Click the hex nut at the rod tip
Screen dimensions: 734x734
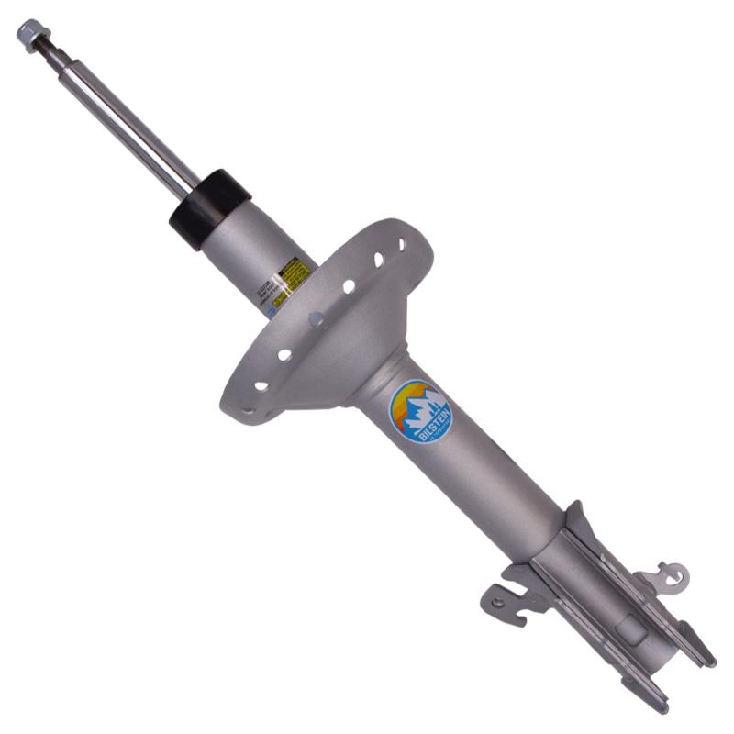pyautogui.click(x=29, y=34)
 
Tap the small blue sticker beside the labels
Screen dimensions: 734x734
pyautogui.click(x=272, y=309)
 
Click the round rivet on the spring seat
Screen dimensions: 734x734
pyautogui.click(x=317, y=320)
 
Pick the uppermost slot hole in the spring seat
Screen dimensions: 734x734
pyautogui.click(x=401, y=246)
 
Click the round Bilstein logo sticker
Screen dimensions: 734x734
pyautogui.click(x=421, y=411)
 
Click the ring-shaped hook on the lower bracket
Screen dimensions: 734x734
pyautogui.click(x=673, y=576)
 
